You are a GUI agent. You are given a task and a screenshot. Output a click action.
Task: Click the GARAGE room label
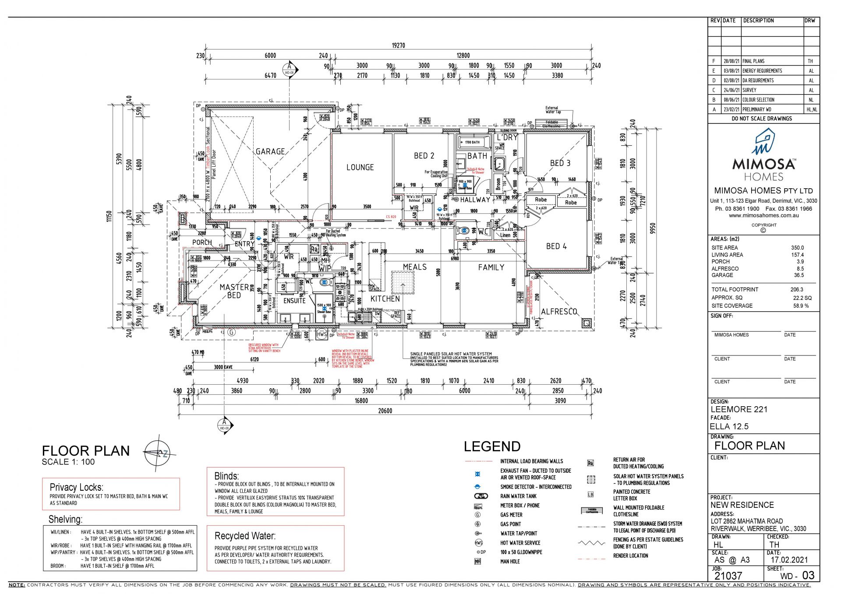coord(270,151)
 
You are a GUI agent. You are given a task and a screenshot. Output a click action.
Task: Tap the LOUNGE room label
coord(360,167)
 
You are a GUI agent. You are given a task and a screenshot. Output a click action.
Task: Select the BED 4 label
coord(556,246)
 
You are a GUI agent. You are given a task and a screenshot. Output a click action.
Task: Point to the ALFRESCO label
coord(559,311)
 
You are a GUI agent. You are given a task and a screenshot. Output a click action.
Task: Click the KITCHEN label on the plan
coord(385,299)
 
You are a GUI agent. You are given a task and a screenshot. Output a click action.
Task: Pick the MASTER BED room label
coord(234,291)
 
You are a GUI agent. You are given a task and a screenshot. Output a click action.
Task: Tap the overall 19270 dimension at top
coord(398,46)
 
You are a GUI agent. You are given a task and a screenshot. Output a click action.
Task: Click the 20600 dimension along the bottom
coord(385,411)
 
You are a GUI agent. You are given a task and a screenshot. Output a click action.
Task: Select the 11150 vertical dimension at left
coord(110,216)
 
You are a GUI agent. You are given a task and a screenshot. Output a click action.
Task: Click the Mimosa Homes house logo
coord(763,141)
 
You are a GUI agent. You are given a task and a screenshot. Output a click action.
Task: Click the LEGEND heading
coord(492,446)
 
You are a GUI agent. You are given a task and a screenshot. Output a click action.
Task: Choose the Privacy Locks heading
coord(76,487)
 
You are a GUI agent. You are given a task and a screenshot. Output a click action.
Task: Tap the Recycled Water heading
coord(245,536)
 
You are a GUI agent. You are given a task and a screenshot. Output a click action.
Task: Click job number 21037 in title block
coord(728,576)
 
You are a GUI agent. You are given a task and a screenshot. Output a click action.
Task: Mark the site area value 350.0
coord(797,248)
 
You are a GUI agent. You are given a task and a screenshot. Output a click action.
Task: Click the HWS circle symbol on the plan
coord(322,334)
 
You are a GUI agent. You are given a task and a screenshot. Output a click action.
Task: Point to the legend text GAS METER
coord(511,515)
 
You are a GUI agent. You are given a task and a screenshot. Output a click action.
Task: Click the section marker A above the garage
coord(290,69)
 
